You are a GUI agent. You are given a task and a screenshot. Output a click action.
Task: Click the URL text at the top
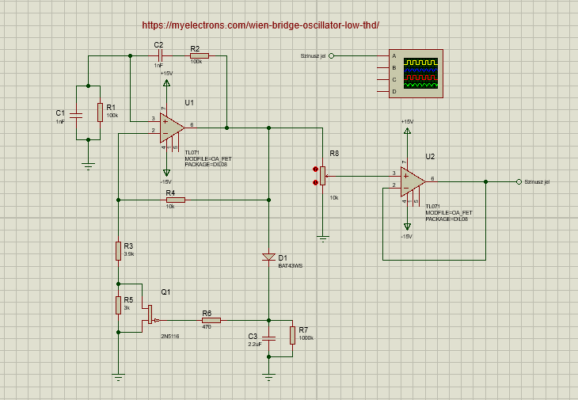coord(260,25)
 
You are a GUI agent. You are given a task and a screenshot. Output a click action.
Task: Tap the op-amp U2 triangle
coord(412,181)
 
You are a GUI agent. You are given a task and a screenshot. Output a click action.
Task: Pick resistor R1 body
coord(101,112)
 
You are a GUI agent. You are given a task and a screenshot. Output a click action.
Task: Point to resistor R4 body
coord(175,200)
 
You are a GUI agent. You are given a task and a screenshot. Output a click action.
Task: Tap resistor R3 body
coord(118,251)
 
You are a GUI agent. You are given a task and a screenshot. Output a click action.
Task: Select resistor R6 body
coord(211,320)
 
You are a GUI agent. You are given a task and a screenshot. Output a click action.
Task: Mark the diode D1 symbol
coord(268,257)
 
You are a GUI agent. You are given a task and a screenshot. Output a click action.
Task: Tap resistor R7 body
coord(292,335)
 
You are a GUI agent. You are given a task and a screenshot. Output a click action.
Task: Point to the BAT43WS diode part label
coord(290,266)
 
